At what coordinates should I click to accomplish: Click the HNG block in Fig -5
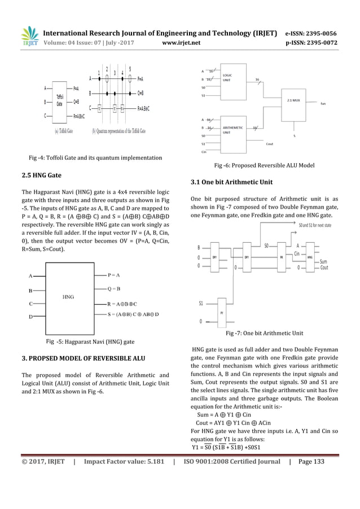coord(68,296)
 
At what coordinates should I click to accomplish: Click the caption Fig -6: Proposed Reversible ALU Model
coord(264,165)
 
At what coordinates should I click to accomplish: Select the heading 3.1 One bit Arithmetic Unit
coord(231,182)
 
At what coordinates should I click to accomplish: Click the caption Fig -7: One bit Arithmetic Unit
coord(264,333)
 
